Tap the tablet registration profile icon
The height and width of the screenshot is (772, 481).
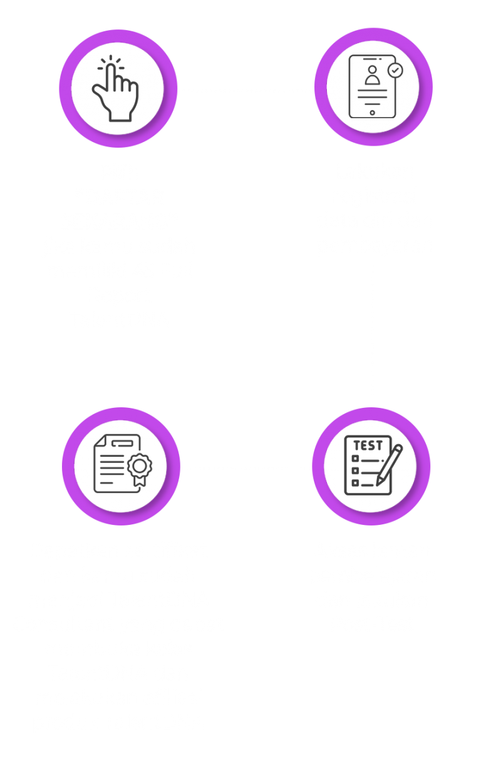373,87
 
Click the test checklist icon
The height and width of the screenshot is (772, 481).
372,465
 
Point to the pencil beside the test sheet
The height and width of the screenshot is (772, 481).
390,467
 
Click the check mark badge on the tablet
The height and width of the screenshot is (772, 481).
395,71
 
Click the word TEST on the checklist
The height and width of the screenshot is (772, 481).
368,445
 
